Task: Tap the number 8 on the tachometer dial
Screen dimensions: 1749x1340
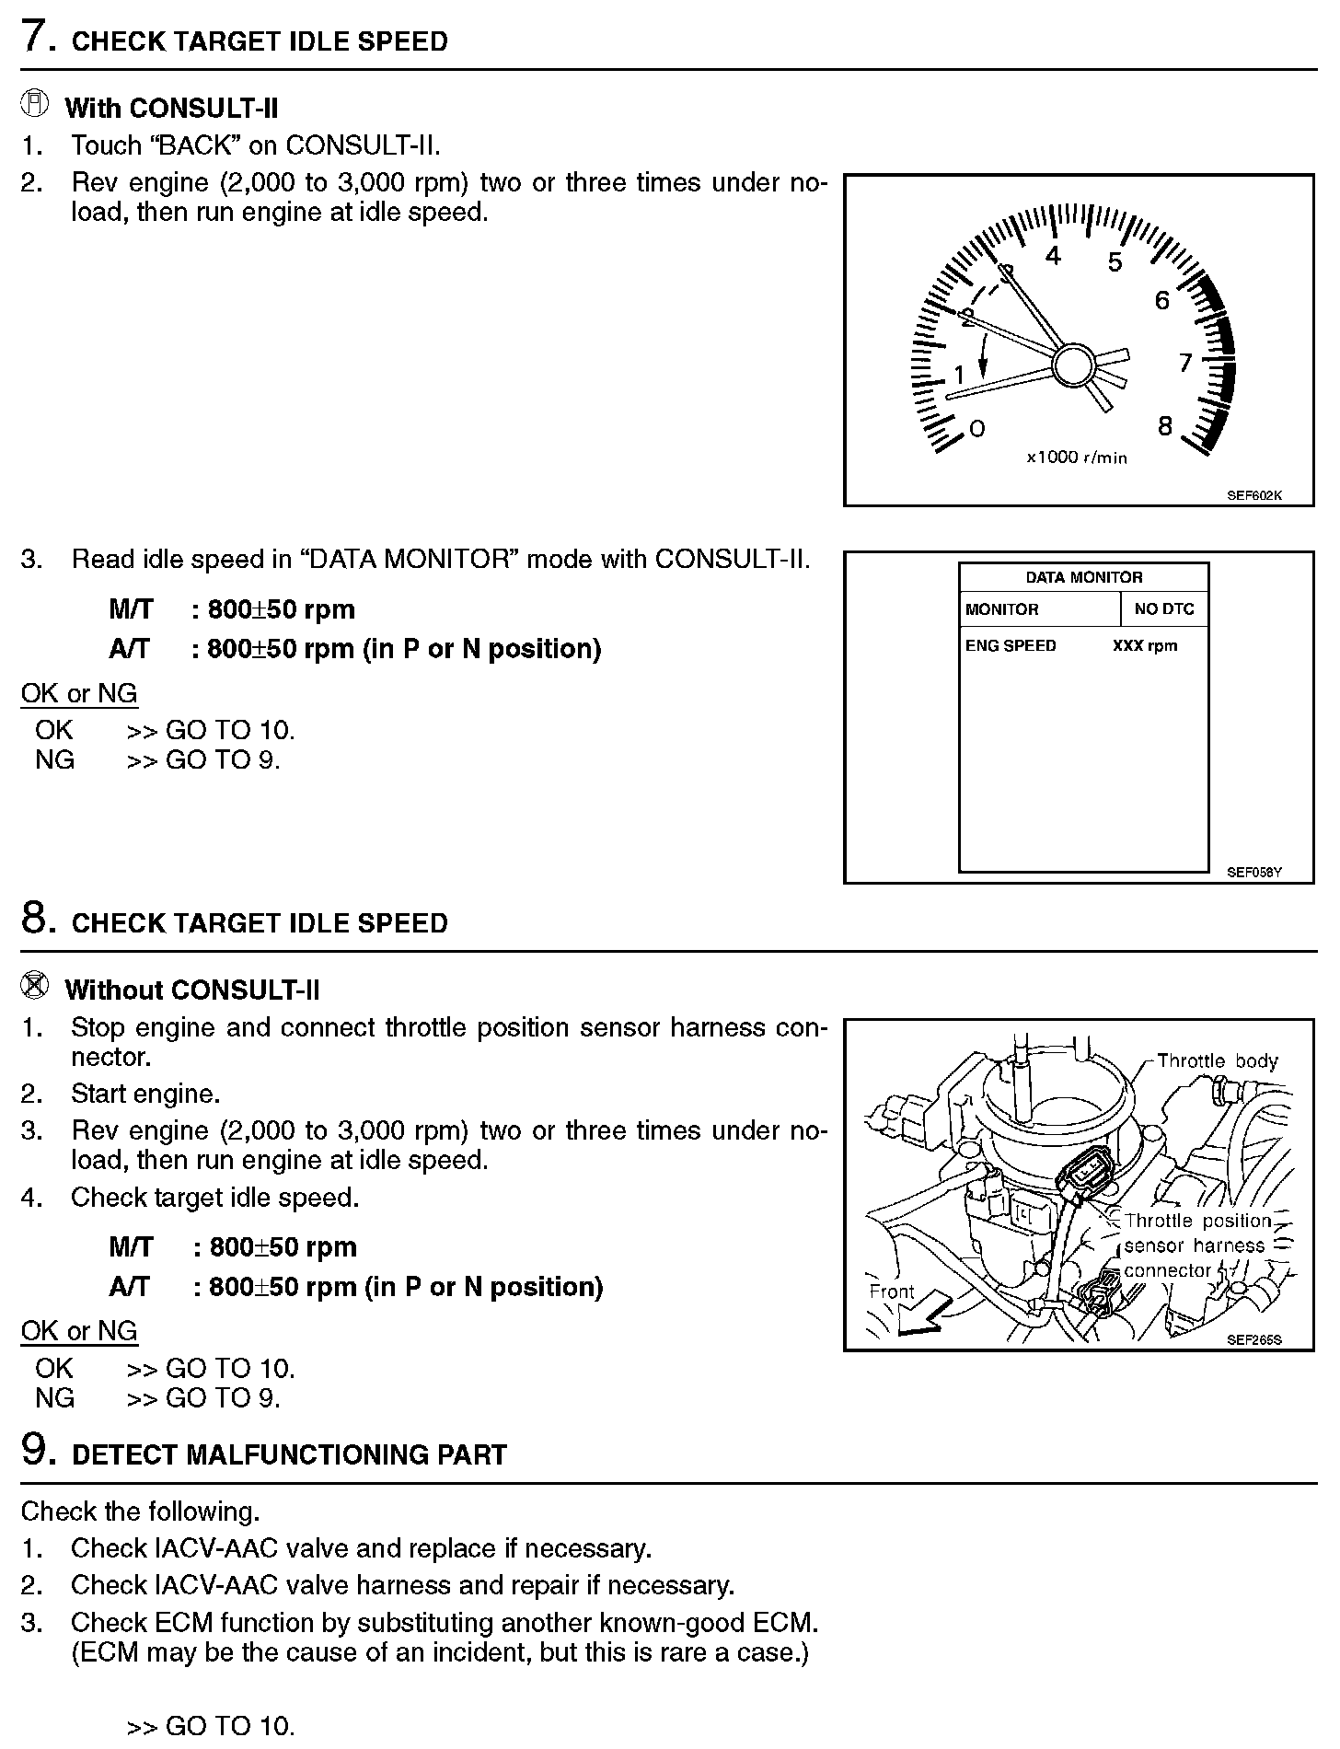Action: click(1165, 426)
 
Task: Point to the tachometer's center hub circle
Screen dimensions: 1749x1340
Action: click(1070, 365)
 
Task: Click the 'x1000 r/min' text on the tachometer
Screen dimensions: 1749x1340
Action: click(1077, 458)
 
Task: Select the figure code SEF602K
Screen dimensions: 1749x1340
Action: click(1253, 495)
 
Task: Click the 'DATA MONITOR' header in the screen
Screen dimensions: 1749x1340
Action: click(1083, 577)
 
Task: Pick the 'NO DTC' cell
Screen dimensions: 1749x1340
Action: click(1164, 609)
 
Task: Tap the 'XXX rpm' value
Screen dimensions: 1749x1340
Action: click(1145, 645)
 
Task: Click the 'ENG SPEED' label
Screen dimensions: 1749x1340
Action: click(1011, 645)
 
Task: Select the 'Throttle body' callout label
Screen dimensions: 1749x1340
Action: click(1217, 1060)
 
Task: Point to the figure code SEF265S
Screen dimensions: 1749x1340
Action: click(1253, 1340)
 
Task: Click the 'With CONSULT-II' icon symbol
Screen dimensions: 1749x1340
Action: click(34, 105)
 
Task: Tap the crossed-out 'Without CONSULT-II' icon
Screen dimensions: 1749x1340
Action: click(34, 987)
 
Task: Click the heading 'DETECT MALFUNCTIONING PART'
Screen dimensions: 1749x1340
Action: click(289, 1454)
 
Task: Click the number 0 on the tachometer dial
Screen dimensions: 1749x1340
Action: click(977, 428)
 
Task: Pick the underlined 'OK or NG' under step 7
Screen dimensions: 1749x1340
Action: click(79, 693)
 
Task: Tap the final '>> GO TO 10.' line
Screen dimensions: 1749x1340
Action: click(211, 1725)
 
